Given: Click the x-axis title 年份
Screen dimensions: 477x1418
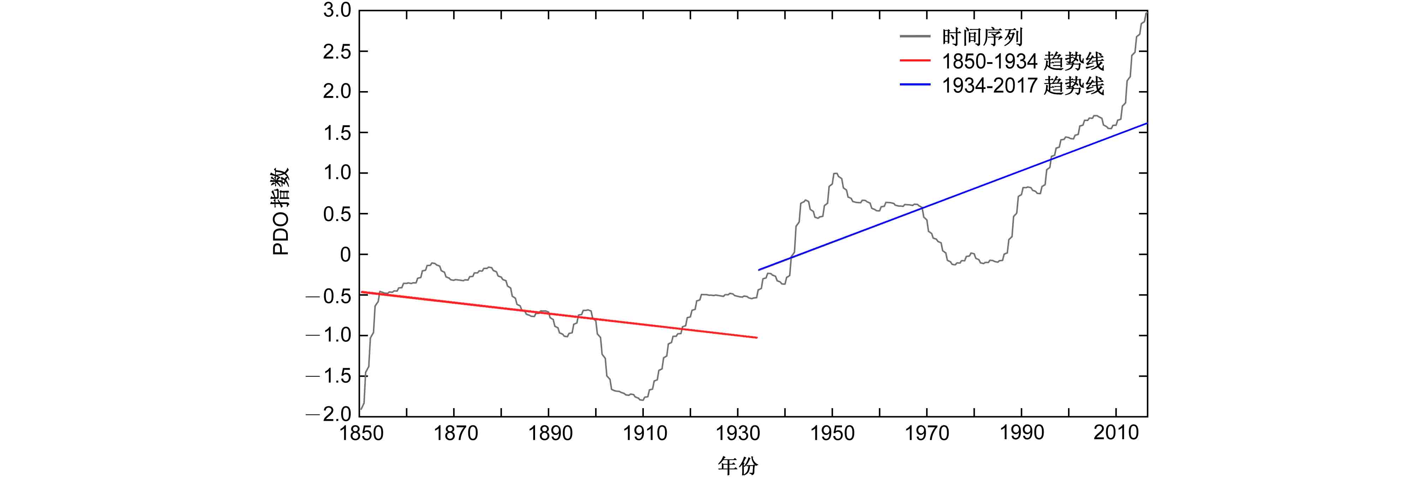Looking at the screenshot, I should tap(738, 465).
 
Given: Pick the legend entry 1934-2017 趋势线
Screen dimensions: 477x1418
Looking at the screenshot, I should tap(1022, 86).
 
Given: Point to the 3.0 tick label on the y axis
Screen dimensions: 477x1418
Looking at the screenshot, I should tap(337, 11).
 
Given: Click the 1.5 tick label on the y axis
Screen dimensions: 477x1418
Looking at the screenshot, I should tap(337, 133).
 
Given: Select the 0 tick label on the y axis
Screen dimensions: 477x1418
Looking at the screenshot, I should tap(345, 255).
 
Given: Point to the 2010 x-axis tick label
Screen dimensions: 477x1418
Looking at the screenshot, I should tap(1116, 433).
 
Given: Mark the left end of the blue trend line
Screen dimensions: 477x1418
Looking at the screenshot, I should tap(759, 270).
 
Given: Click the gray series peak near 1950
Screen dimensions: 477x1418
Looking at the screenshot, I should tap(835, 174).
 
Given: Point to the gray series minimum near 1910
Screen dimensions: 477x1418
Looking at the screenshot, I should tap(642, 400).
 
